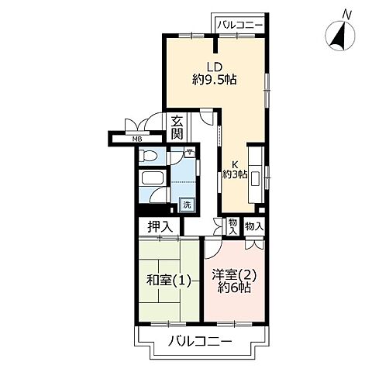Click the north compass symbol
click(340, 36)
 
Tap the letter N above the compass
click(346, 15)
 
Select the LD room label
click(214, 67)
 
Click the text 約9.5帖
click(215, 79)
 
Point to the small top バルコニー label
click(240, 25)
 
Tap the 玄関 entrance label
click(177, 128)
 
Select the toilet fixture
click(148, 156)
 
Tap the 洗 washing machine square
click(187, 205)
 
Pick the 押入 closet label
click(160, 227)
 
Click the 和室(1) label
click(169, 280)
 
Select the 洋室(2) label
click(234, 274)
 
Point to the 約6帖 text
click(234, 288)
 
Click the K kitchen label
click(235, 164)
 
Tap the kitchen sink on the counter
click(255, 178)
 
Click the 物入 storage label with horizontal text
click(254, 227)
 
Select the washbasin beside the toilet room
click(189, 153)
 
